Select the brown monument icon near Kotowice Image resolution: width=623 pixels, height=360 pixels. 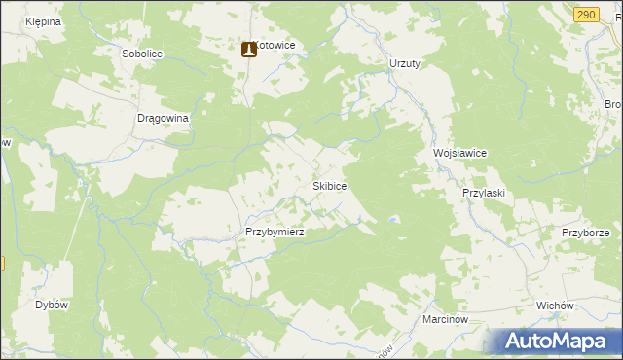point(248,48)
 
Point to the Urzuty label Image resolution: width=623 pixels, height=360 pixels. point(404,63)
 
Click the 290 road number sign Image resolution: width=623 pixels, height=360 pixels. point(585,14)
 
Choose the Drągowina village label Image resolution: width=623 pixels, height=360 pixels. point(163,118)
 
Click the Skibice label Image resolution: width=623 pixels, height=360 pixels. point(329,185)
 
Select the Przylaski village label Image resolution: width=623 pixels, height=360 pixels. point(483,193)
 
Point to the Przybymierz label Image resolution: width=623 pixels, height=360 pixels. point(275,233)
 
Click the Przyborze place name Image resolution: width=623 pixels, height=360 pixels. point(585,233)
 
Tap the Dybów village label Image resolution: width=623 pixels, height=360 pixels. point(51,305)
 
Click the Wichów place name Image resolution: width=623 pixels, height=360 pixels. point(554,305)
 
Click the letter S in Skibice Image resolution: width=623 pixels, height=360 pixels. point(314,185)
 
